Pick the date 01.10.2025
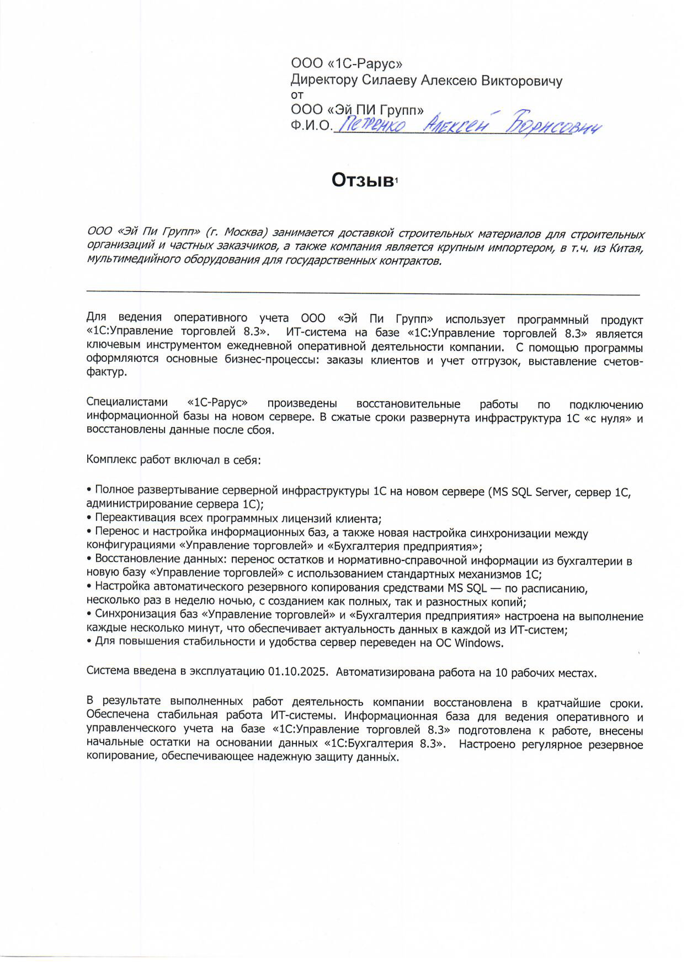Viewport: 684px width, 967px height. (297, 671)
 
